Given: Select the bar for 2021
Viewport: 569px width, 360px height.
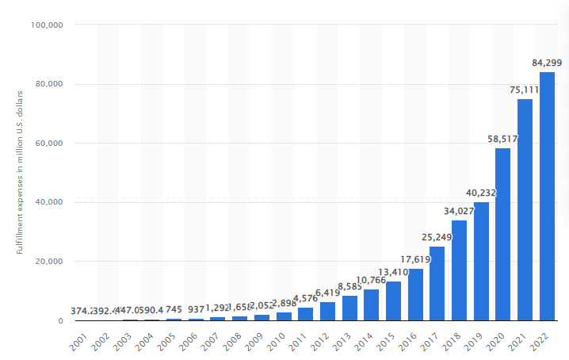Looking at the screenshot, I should coord(525,209).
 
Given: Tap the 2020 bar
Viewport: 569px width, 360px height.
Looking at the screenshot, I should coord(502,234).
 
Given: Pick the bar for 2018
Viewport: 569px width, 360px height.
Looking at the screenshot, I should coord(459,270).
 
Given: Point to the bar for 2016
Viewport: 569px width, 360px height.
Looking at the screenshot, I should coord(415,294).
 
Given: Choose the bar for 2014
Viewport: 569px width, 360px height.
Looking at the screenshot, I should coord(371,304).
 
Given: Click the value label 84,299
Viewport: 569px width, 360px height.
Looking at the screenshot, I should coord(547,62).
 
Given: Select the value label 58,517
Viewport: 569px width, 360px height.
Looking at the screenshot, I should coord(503,139).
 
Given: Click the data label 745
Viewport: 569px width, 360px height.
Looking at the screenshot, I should coord(175,309).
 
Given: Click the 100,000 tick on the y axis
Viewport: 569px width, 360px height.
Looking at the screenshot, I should coord(48,25).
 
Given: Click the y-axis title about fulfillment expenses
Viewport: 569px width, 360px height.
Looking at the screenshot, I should coord(19,172).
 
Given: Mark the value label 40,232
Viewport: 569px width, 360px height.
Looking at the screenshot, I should coord(481,192).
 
